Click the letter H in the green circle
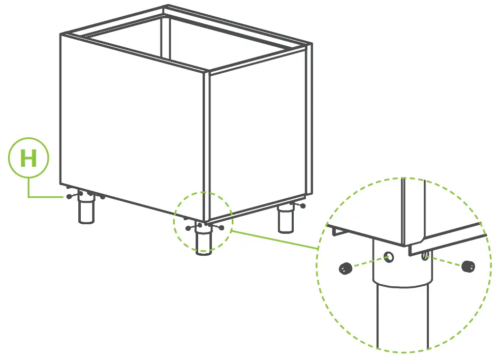click(28, 159)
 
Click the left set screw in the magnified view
click(346, 268)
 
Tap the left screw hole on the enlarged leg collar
click(389, 257)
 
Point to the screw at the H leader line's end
click(69, 197)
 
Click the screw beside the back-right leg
click(303, 205)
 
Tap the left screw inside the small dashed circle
click(189, 227)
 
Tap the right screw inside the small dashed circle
click(222, 227)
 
